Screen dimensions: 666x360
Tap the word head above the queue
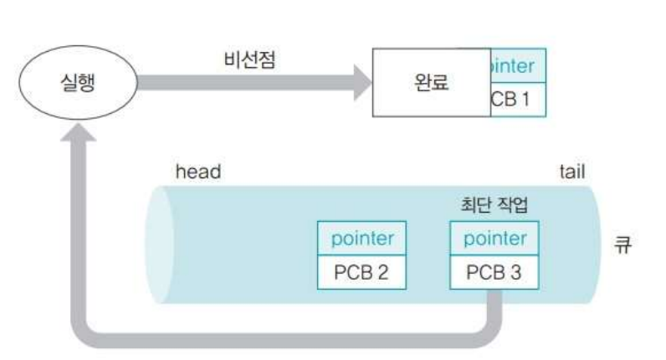[x=198, y=172]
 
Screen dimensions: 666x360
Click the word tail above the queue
[x=571, y=172]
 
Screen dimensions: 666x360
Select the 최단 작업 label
[x=492, y=203]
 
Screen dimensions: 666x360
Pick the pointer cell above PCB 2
[x=358, y=238]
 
